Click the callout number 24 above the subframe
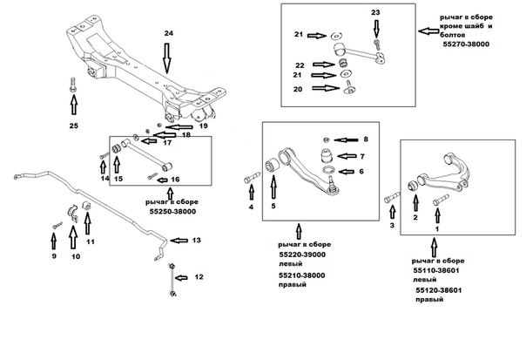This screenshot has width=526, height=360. pyautogui.click(x=168, y=33)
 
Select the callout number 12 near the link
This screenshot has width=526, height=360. pyautogui.click(x=199, y=276)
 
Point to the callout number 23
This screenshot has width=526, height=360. pyautogui.click(x=375, y=12)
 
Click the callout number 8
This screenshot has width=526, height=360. pyautogui.click(x=366, y=139)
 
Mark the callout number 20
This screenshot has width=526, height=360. pyautogui.click(x=298, y=89)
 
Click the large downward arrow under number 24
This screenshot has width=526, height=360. pyautogui.click(x=168, y=60)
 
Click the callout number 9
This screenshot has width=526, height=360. pyautogui.click(x=52, y=257)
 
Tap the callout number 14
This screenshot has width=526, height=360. pyautogui.click(x=104, y=178)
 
